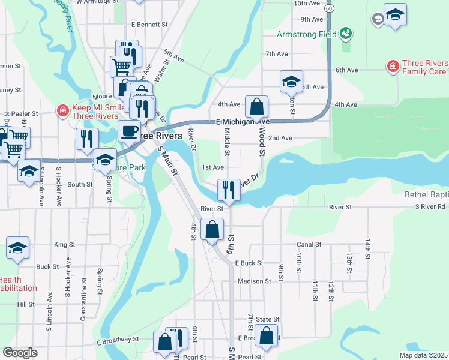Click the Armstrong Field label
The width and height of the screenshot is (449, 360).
pyautogui.click(x=306, y=34)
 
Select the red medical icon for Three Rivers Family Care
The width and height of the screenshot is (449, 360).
pyautogui.click(x=393, y=65)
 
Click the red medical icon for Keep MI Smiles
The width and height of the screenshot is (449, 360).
pyautogui.click(x=62, y=111)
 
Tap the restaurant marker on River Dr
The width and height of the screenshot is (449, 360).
pyautogui.click(x=229, y=189)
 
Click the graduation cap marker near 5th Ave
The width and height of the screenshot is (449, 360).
pyautogui.click(x=291, y=81)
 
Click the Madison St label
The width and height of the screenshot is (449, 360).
pyautogui.click(x=254, y=281)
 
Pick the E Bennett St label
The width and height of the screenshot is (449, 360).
pyautogui.click(x=149, y=25)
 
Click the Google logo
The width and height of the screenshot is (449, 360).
pyautogui.click(x=20, y=353)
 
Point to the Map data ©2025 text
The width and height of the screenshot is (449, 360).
pyautogui.click(x=423, y=355)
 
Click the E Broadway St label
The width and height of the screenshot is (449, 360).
pyautogui.click(x=118, y=339)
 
